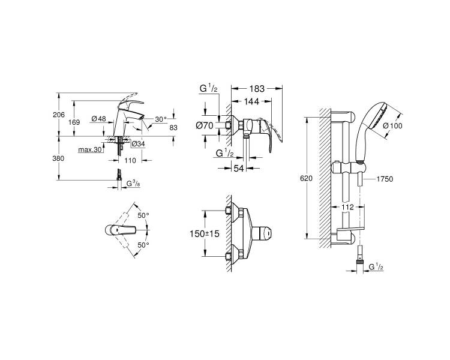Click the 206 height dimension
[59, 115]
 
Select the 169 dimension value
[74, 122]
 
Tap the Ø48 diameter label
[99, 119]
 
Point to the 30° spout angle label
[161, 119]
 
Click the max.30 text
[90, 149]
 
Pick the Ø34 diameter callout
[138, 144]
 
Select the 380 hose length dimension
[59, 158]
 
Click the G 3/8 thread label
[133, 184]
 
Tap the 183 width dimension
[257, 89]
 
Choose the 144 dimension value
[251, 101]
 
